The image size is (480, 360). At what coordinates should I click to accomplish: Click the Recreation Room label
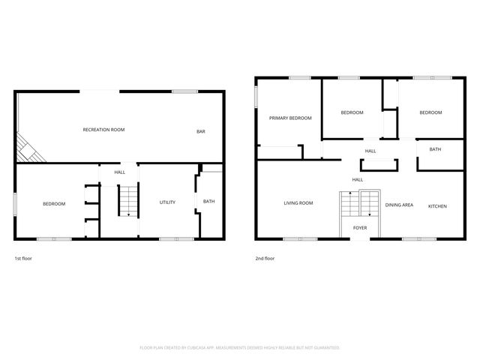(x=103, y=130)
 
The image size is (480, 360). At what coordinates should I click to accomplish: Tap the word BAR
(x=201, y=132)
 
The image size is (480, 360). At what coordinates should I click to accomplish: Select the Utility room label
(x=167, y=202)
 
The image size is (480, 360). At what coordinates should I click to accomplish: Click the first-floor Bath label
(x=208, y=201)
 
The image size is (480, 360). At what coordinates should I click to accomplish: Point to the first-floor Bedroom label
(x=53, y=204)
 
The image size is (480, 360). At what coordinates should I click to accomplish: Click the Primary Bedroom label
(x=290, y=118)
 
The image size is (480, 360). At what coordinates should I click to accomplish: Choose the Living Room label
(x=298, y=203)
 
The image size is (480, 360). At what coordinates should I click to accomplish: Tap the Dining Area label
(x=399, y=205)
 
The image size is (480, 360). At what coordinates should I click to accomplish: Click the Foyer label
(x=360, y=226)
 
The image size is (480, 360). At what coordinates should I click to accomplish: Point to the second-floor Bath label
(x=435, y=149)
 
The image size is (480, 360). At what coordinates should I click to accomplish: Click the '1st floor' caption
(x=23, y=259)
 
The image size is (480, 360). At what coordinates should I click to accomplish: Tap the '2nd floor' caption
(x=265, y=259)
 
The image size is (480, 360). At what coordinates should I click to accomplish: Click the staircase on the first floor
(x=129, y=200)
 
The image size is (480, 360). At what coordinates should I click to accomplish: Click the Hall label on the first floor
(x=120, y=172)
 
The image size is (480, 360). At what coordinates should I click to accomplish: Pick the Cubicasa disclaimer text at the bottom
(x=240, y=348)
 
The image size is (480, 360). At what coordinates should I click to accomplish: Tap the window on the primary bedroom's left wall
(x=255, y=98)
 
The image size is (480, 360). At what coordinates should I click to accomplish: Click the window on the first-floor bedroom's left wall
(x=16, y=204)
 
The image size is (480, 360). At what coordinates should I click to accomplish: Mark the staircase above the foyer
(x=361, y=204)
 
